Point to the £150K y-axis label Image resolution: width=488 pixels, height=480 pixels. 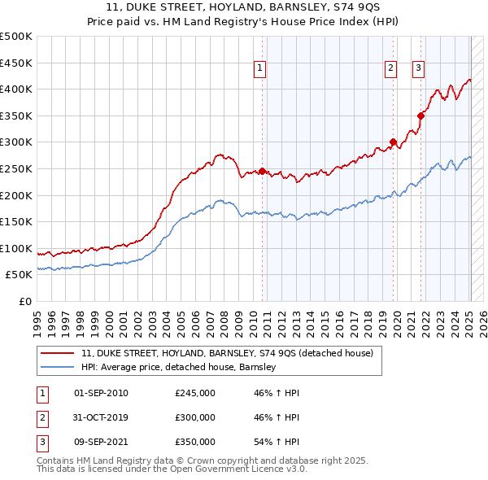pos(16,221)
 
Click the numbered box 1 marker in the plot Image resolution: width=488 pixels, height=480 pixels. pos(259,69)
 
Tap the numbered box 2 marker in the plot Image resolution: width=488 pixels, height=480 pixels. pos(390,69)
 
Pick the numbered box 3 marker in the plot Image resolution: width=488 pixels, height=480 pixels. pos(418,69)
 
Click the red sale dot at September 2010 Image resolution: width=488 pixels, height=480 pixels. pos(263,172)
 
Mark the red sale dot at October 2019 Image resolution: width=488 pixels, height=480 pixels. pos(394,142)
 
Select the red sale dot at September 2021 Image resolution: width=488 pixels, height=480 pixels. pos(421,116)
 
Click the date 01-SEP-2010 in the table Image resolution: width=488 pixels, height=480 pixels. pos(101,393)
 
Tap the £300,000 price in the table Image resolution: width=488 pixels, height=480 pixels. pos(195,417)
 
